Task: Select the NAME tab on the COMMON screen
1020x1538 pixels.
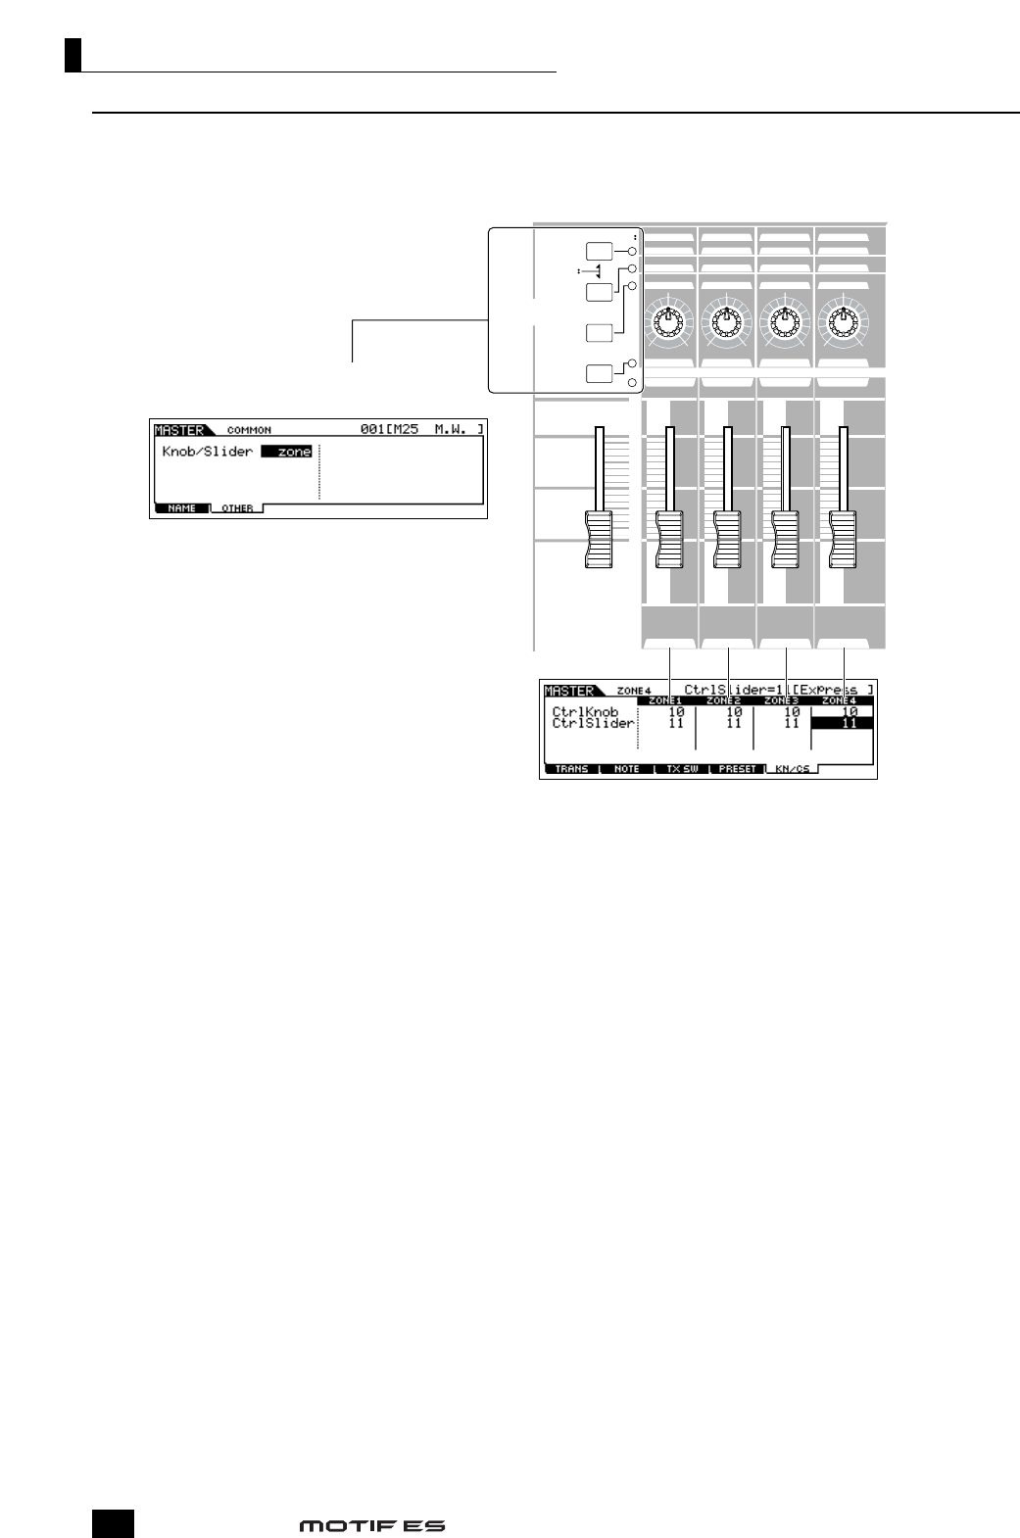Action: [x=181, y=508]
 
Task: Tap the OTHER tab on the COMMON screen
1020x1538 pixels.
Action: [x=237, y=508]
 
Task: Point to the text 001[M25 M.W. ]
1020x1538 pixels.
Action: [x=421, y=429]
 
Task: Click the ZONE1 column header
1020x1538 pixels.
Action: [x=665, y=701]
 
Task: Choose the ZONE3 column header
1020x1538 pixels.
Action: [x=782, y=701]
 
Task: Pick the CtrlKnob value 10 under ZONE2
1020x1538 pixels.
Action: [x=734, y=712]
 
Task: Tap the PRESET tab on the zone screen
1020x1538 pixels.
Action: [x=737, y=769]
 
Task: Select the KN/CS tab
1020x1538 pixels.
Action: [x=792, y=769]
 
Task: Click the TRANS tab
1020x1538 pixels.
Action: [x=571, y=769]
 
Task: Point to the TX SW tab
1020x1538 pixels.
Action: [x=682, y=769]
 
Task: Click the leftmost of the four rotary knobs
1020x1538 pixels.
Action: [x=668, y=320]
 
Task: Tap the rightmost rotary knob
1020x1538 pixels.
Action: [x=843, y=320]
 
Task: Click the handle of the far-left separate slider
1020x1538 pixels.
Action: [x=597, y=538]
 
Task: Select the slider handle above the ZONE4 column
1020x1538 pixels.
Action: [x=843, y=538]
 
